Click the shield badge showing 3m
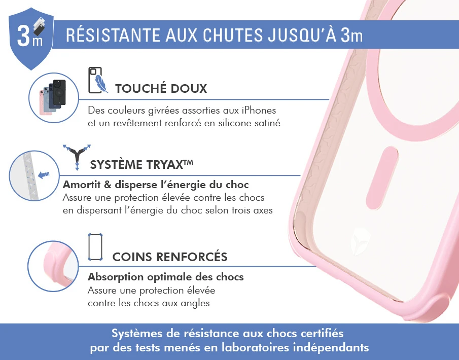point(31,38)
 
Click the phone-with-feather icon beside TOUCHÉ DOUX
point(98,80)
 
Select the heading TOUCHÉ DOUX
point(161,88)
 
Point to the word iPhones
point(259,111)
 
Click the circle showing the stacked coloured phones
point(54,98)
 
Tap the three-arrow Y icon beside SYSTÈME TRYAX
point(77,157)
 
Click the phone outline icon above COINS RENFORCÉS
point(95,247)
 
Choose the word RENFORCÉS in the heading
point(192,257)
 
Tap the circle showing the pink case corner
point(53,266)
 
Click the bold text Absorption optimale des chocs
point(166,277)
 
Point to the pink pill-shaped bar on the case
point(382,177)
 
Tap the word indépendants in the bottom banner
point(331,347)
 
